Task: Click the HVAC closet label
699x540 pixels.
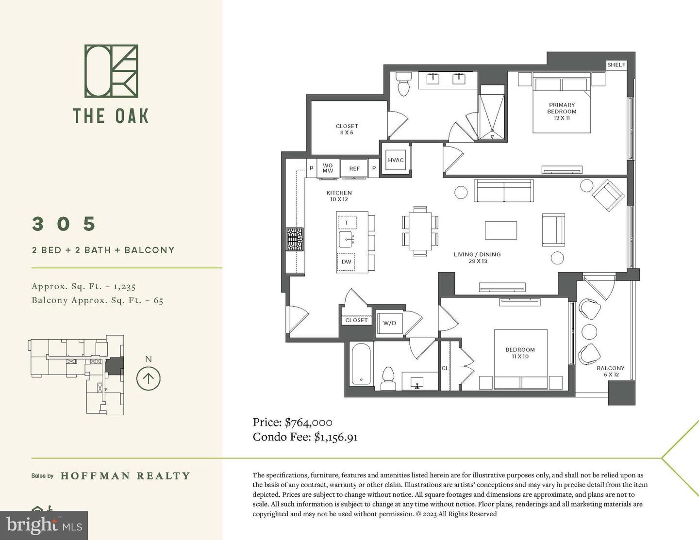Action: [x=396, y=160]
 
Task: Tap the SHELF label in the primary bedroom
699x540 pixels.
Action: [x=616, y=65]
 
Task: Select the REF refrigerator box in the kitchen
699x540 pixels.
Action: [x=354, y=168]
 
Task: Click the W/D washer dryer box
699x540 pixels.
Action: [x=390, y=323]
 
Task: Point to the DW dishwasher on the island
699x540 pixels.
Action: [x=347, y=262]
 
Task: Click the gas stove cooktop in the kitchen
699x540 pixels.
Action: [x=294, y=239]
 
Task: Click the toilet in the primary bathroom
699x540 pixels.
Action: [x=403, y=84]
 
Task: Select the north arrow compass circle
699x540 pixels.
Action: [x=149, y=378]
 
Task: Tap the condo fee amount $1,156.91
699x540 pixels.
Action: [x=336, y=437]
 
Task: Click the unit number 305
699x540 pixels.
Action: [x=64, y=224]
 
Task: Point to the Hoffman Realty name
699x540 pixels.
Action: [x=125, y=476]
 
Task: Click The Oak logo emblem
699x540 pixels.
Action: [x=111, y=71]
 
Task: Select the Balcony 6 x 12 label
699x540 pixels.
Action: [x=610, y=371]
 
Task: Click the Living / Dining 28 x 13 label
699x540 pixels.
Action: [x=477, y=258]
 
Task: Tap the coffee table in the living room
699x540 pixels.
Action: [x=501, y=230]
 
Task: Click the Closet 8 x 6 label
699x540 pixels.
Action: [x=347, y=129]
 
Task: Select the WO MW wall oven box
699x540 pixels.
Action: [x=328, y=168]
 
